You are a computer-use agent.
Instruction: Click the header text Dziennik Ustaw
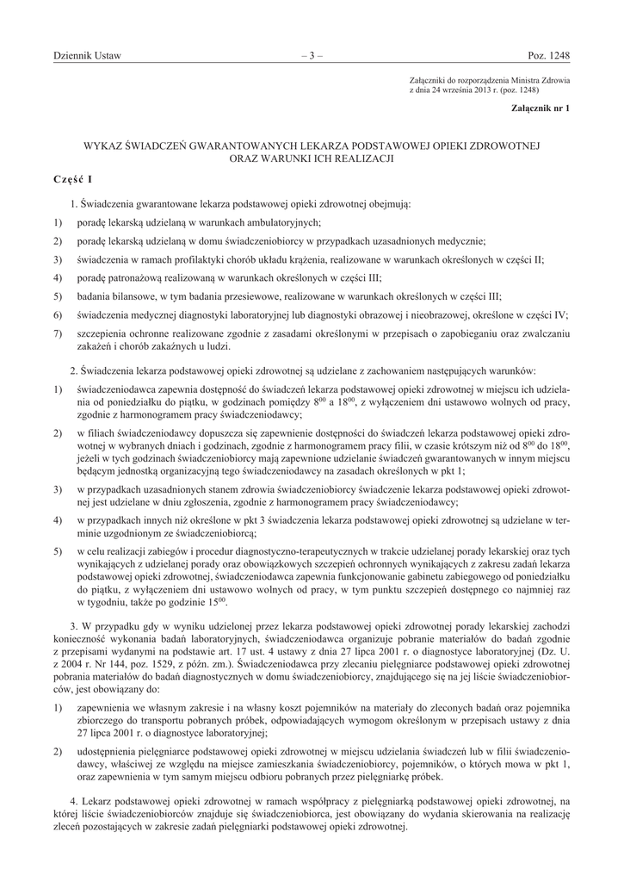[x=87, y=56]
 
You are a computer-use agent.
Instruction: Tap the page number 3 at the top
[x=312, y=56]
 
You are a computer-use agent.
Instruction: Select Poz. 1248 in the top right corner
[x=548, y=56]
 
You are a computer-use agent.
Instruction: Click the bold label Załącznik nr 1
[x=540, y=109]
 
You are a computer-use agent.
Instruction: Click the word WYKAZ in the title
[x=104, y=147]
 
